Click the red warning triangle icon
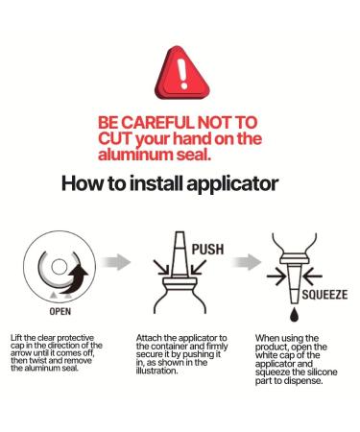(181, 74)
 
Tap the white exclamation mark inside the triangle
(183, 74)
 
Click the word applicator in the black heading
(232, 184)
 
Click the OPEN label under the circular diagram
(60, 311)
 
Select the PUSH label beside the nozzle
(207, 250)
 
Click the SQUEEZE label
(324, 295)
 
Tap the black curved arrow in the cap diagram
(76, 277)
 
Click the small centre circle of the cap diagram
(60, 267)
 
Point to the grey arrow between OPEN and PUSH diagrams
(115, 262)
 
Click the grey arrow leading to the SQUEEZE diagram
(246, 262)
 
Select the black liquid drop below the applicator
(294, 315)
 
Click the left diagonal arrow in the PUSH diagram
(161, 268)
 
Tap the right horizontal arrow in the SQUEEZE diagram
(313, 276)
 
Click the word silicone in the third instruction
(322, 372)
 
